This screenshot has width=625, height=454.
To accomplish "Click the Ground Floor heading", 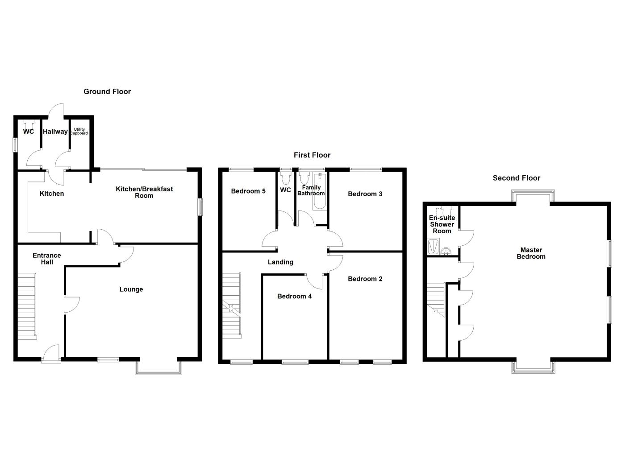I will [x=107, y=91].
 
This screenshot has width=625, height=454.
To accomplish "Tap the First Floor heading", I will [x=312, y=155].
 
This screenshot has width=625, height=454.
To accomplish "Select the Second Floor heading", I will [x=517, y=178].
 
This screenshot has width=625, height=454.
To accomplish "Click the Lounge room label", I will [x=131, y=289].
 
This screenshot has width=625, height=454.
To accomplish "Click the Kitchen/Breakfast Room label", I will [x=144, y=192].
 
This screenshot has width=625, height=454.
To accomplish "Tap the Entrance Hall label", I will [x=47, y=259].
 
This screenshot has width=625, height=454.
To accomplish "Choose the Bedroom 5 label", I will [x=248, y=191].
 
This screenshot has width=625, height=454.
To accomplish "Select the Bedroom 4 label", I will [x=294, y=296].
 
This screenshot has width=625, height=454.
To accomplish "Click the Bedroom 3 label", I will [x=365, y=194].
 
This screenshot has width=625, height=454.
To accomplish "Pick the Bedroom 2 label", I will [x=365, y=279].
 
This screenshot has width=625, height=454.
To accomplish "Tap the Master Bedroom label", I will [x=531, y=253].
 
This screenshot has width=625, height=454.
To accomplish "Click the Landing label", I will [x=280, y=262].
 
